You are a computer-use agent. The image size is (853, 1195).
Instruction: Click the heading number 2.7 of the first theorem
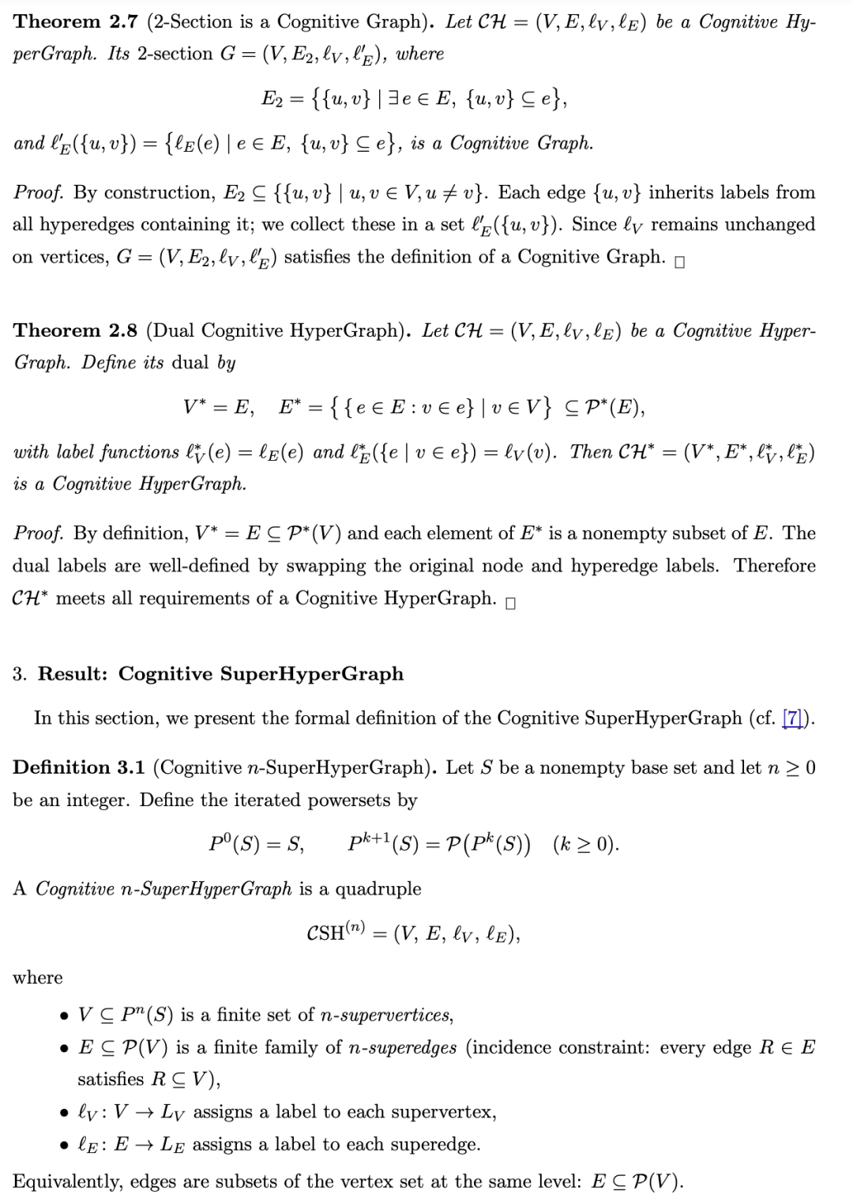click(x=123, y=22)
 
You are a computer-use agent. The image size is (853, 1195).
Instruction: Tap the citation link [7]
click(x=792, y=718)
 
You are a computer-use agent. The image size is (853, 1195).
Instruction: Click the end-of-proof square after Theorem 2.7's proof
click(x=680, y=262)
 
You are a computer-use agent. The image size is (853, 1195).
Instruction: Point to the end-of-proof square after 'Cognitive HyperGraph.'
click(x=510, y=604)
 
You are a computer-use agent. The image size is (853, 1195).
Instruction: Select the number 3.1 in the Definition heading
click(x=131, y=767)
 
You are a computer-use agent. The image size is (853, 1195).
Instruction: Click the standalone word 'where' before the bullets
click(x=37, y=978)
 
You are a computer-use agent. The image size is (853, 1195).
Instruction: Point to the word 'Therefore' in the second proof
click(x=774, y=566)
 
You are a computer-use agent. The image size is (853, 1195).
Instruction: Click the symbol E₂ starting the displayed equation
click(x=272, y=99)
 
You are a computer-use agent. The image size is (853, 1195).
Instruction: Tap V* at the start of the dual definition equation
click(x=196, y=407)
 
